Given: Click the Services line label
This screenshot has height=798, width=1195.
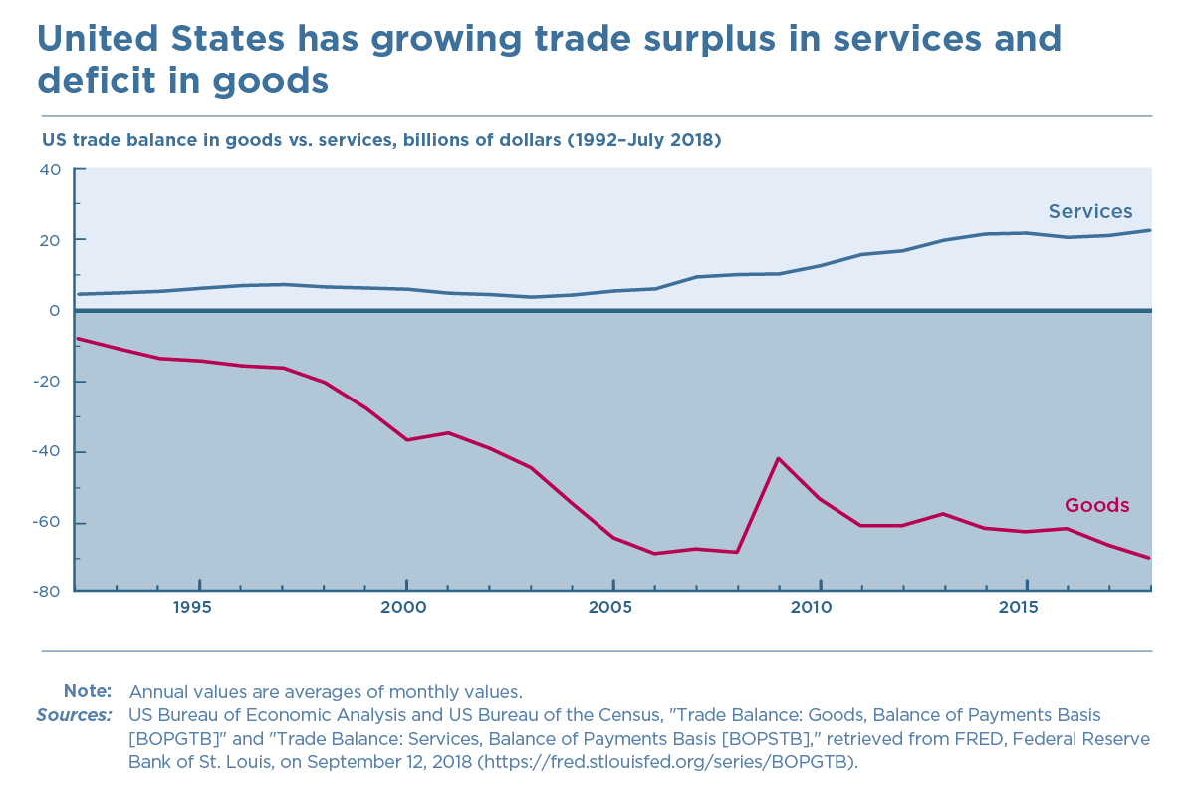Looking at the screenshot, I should pyautogui.click(x=1089, y=211).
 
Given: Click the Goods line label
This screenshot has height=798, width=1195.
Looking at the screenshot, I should pyautogui.click(x=1097, y=505).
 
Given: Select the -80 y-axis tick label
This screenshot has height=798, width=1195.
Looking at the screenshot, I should pyautogui.click(x=47, y=590).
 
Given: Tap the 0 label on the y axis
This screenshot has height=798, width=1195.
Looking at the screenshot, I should pyautogui.click(x=56, y=311).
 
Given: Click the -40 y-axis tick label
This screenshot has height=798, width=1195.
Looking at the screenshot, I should pyautogui.click(x=47, y=452).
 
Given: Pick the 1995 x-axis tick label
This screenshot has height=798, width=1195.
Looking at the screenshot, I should pyautogui.click(x=199, y=607).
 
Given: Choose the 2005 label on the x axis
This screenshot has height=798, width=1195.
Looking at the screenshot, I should pyautogui.click(x=613, y=607).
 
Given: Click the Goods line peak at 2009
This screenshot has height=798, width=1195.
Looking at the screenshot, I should pyautogui.click(x=778, y=458).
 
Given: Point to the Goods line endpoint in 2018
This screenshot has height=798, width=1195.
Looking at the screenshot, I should pyautogui.click(x=1151, y=558).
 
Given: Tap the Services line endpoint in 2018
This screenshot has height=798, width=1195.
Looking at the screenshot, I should pyautogui.click(x=1151, y=230).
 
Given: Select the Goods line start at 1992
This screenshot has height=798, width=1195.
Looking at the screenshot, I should pyautogui.click(x=78, y=339).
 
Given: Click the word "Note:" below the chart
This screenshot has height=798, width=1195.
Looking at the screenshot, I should pyautogui.click(x=88, y=691).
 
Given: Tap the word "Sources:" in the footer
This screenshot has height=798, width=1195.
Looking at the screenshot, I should pyautogui.click(x=74, y=715).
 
